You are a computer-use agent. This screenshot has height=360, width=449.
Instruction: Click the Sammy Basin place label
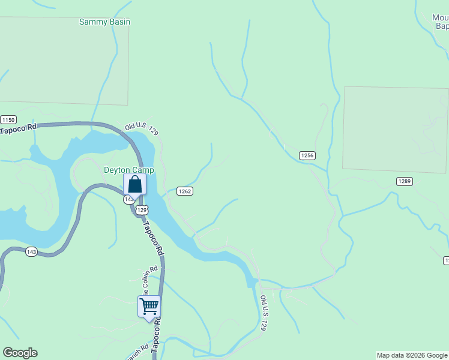(x=104, y=22)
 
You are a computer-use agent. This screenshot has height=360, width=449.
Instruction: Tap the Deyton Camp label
(x=128, y=170)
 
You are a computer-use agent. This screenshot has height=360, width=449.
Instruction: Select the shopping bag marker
(x=135, y=184)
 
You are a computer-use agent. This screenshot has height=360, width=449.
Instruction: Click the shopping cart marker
(x=149, y=307)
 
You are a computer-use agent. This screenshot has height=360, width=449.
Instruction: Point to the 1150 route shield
(x=7, y=119)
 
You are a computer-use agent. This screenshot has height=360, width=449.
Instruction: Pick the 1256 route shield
(x=307, y=155)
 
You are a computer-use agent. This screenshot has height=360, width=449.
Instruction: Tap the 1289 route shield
(x=404, y=181)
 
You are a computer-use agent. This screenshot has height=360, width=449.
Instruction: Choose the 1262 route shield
(x=184, y=191)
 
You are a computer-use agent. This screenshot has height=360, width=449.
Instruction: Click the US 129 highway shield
(x=142, y=209)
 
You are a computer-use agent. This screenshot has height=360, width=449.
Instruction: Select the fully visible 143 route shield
(x=32, y=252)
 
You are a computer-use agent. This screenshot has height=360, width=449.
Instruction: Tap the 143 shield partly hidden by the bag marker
(x=128, y=199)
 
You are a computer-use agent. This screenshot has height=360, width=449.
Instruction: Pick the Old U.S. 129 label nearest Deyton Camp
(x=142, y=130)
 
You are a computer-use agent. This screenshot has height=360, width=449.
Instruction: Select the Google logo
(x=20, y=353)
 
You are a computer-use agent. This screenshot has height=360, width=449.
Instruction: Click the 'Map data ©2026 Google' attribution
(x=412, y=355)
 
